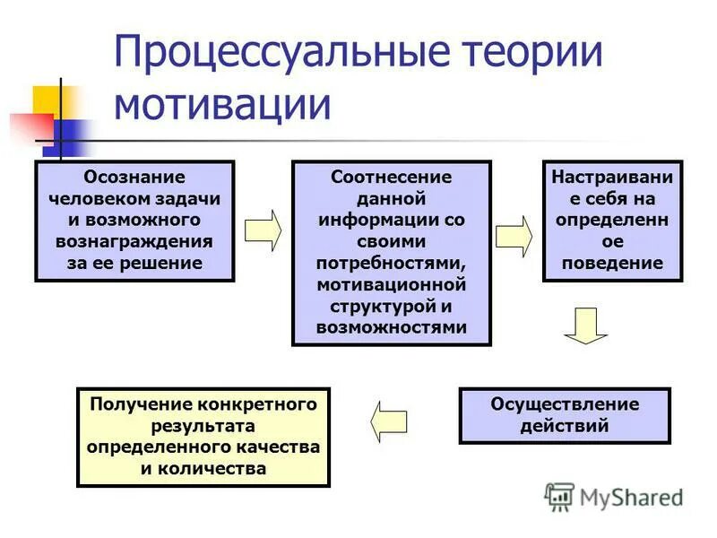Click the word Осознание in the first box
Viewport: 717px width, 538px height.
[134, 178]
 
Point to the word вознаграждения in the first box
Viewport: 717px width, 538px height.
[134, 242]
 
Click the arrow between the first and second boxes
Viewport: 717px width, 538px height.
[263, 230]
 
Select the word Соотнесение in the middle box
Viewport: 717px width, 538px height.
[392, 178]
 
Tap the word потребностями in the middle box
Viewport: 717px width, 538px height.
[392, 264]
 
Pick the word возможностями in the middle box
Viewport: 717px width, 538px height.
[392, 327]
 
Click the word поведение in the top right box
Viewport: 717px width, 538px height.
[613, 264]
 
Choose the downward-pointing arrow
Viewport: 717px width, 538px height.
[586, 326]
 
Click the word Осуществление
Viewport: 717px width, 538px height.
[565, 404]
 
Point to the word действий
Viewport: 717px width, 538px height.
[565, 426]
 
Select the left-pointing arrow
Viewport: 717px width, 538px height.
[389, 420]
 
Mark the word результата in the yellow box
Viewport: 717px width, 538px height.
[203, 426]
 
